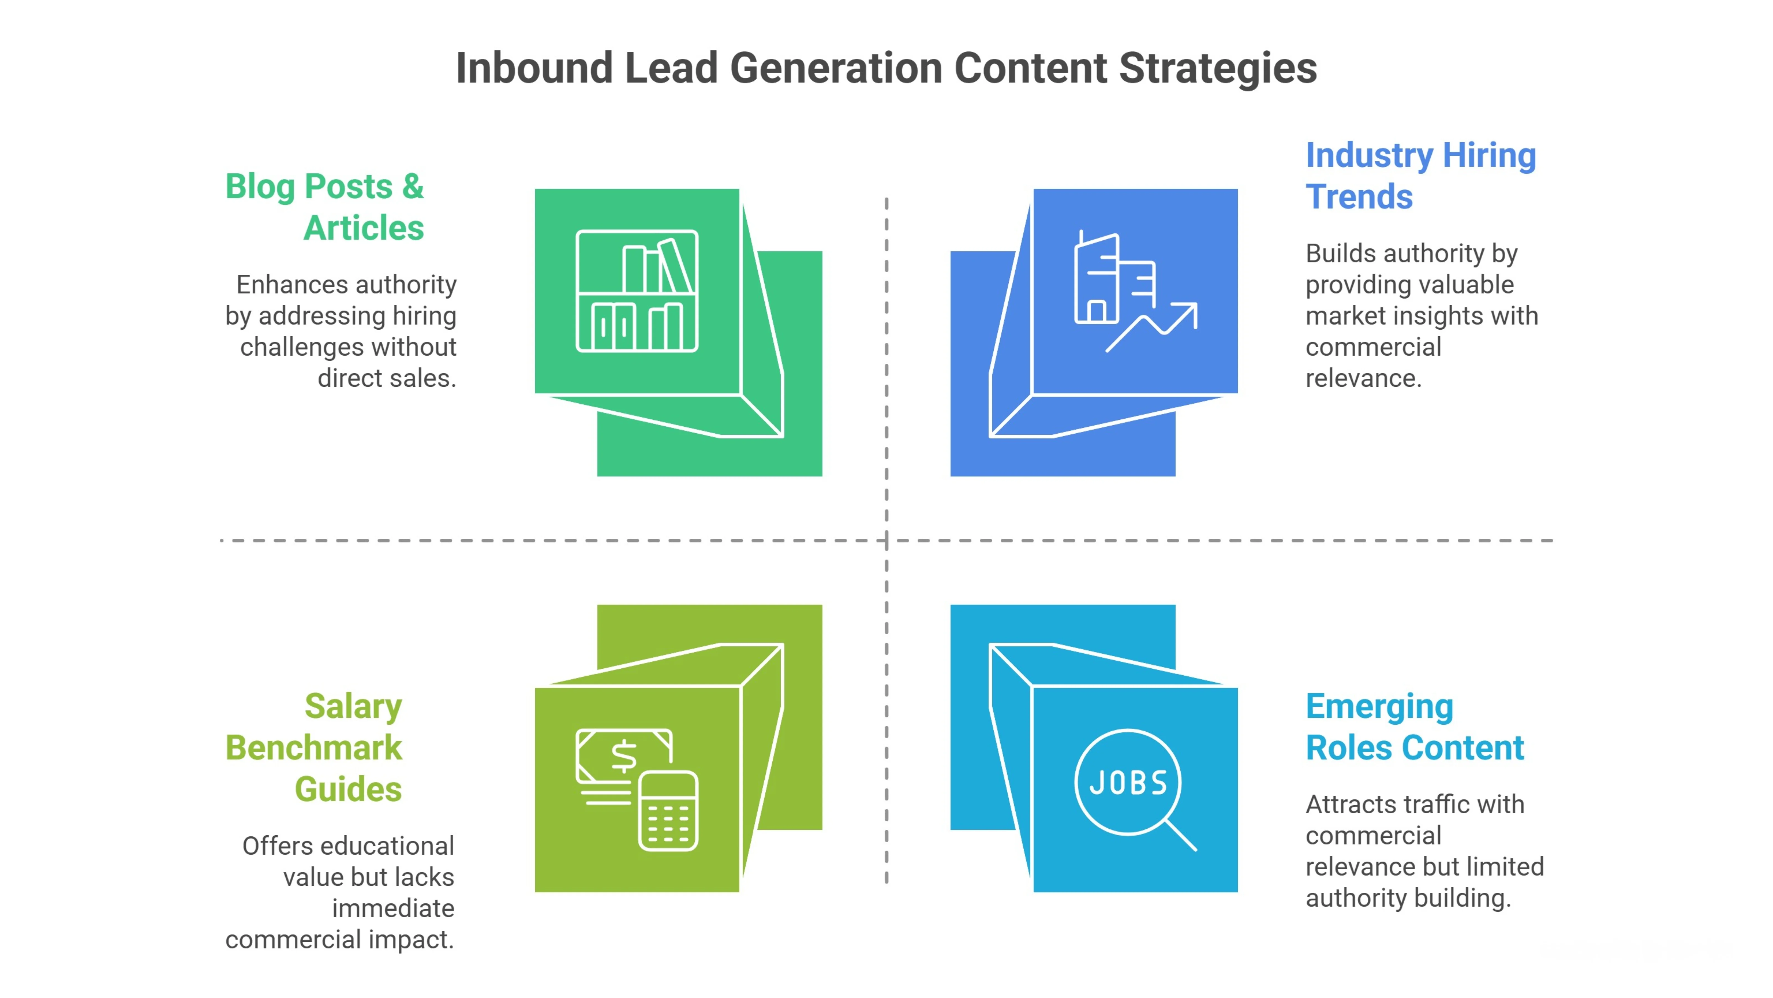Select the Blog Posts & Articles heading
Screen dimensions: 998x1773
click(325, 207)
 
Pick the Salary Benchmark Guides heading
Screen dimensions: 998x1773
click(314, 747)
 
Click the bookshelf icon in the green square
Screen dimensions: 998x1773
click(637, 291)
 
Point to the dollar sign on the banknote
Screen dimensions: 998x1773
click(624, 756)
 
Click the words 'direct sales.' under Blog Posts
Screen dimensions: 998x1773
click(387, 378)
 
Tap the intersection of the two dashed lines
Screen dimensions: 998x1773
click(886, 541)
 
